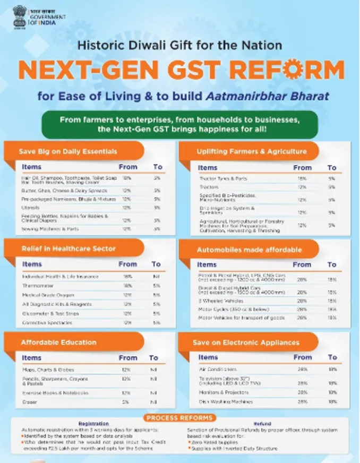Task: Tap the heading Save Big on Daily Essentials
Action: point(68,152)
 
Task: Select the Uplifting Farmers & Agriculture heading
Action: point(252,151)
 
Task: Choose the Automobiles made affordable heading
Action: point(249,249)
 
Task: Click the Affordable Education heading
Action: point(58,342)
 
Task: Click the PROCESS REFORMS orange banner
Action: point(181,418)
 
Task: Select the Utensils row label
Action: point(31,208)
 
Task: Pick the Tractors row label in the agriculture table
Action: point(209,187)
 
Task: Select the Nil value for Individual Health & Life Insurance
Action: point(156,277)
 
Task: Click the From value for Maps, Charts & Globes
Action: point(126,370)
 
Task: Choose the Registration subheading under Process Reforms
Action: point(93,424)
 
